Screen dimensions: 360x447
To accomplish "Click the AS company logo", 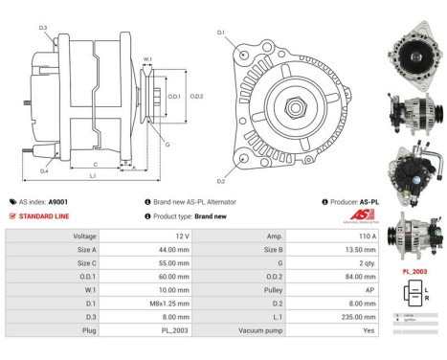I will (352, 215).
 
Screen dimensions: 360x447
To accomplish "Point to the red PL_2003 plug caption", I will (414, 272).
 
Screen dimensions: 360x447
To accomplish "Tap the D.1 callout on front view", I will (221, 33).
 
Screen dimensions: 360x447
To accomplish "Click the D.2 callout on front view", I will (221, 180).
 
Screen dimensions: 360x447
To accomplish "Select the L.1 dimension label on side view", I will (94, 176).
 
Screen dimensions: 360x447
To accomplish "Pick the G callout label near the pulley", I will (168, 145).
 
